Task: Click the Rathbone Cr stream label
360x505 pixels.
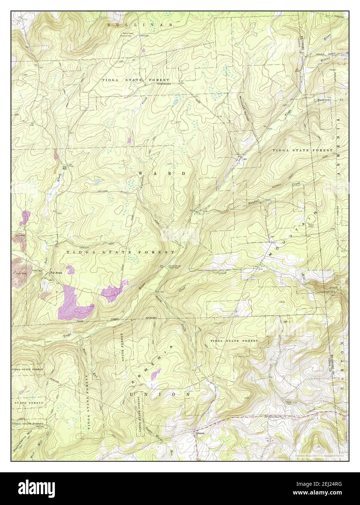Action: coord(328,99)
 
